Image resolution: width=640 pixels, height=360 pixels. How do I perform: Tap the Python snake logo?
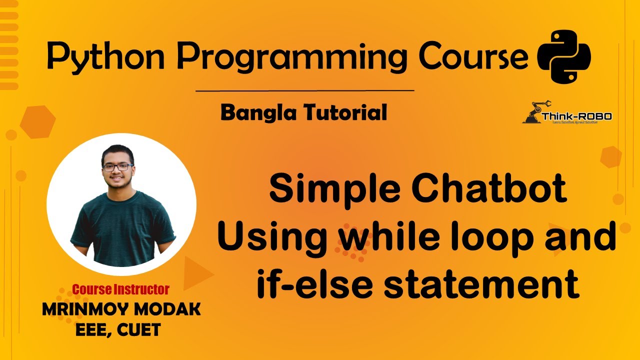tap(563, 56)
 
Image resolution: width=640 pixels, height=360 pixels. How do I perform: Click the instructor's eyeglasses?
tap(118, 166)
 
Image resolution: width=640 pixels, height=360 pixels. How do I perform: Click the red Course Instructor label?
tap(120, 289)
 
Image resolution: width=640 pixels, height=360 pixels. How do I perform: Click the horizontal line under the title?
tap(304, 91)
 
